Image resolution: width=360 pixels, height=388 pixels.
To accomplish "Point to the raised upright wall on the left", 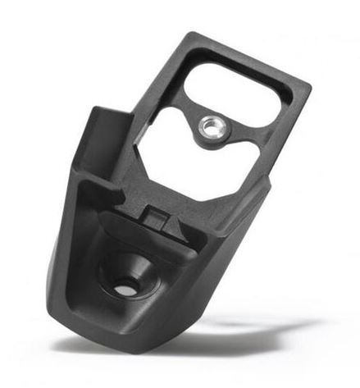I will point(102,139).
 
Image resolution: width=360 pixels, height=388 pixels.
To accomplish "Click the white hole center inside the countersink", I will point(125,289).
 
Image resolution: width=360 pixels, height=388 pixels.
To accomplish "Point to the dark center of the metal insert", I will point(209,126).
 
